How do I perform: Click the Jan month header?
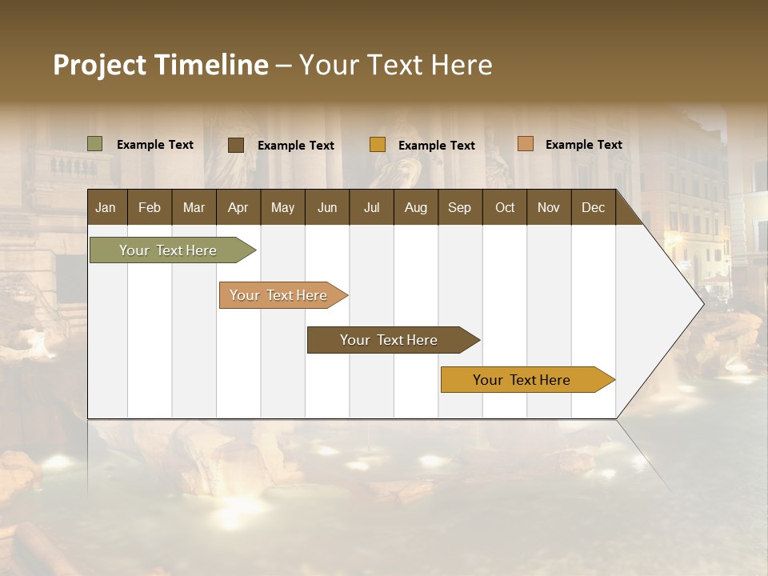pyautogui.click(x=106, y=207)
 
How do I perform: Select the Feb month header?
pyautogui.click(x=150, y=207)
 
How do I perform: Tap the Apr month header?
pyautogui.click(x=238, y=207)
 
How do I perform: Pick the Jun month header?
pyautogui.click(x=327, y=207)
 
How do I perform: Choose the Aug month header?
pyautogui.click(x=415, y=207)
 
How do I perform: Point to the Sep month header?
pyautogui.click(x=459, y=207)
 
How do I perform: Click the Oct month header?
pyautogui.click(x=505, y=207)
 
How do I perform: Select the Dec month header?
pyautogui.click(x=593, y=207)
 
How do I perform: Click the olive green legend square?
pyautogui.click(x=95, y=144)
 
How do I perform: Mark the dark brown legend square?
pyautogui.click(x=236, y=145)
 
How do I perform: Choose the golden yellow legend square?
pyautogui.click(x=378, y=145)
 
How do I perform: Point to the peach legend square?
pyautogui.click(x=526, y=144)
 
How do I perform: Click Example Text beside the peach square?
pyautogui.click(x=583, y=145)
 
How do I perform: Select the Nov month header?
pyautogui.click(x=549, y=207)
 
